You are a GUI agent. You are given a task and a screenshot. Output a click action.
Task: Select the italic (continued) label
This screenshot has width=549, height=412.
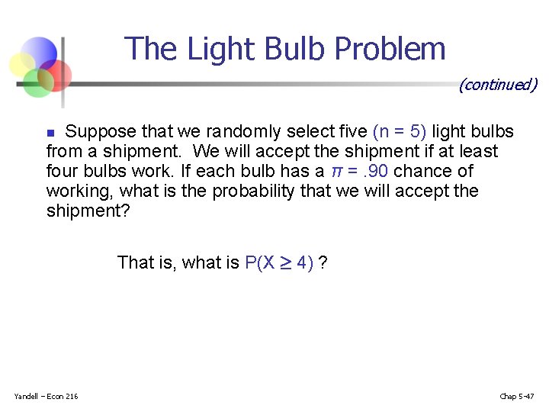(x=498, y=85)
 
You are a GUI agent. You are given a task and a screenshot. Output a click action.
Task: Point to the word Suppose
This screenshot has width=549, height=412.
(x=101, y=131)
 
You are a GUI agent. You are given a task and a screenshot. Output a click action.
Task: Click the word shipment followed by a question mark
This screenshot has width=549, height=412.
(x=88, y=211)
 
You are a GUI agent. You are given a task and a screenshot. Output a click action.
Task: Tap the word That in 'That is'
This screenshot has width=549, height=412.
(x=136, y=263)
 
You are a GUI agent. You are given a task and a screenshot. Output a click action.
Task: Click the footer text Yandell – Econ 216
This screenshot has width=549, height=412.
(x=46, y=395)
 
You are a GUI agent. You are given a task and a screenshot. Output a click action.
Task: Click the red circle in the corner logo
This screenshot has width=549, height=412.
(x=56, y=74)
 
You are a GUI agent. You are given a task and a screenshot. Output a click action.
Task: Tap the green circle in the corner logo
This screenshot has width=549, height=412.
(x=37, y=82)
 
